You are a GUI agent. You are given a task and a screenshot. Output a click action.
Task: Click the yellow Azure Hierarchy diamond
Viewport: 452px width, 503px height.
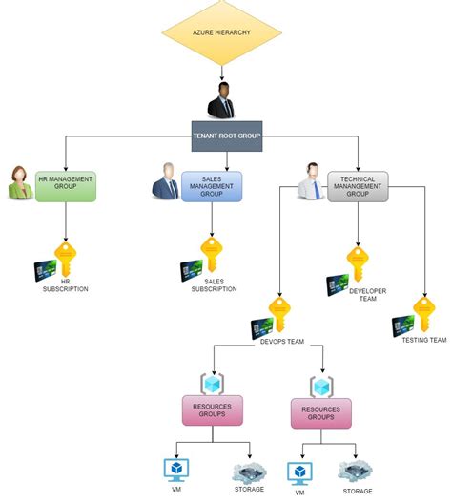[x=221, y=36]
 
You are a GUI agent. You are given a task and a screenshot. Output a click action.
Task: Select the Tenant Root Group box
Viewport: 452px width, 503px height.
[x=226, y=135]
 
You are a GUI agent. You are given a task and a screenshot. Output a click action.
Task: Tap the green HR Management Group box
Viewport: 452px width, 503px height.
[x=66, y=186]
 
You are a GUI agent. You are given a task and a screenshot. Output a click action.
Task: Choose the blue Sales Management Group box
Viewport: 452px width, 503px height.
[x=212, y=186]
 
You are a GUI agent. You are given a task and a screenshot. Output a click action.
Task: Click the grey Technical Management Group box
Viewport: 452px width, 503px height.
[x=358, y=186]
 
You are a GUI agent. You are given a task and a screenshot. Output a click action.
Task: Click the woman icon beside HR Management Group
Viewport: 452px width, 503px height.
[x=20, y=183]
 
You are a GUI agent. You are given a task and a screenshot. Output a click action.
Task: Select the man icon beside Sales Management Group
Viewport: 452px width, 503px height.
[x=165, y=183]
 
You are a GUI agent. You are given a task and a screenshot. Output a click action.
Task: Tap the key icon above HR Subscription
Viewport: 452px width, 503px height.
[x=65, y=258]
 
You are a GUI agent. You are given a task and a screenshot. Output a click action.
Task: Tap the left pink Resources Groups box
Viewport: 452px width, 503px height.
[x=213, y=410]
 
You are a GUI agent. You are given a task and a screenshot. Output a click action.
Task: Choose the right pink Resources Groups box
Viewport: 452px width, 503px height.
[x=320, y=412]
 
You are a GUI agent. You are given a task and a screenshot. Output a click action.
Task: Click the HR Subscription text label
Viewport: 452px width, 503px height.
[x=65, y=285]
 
